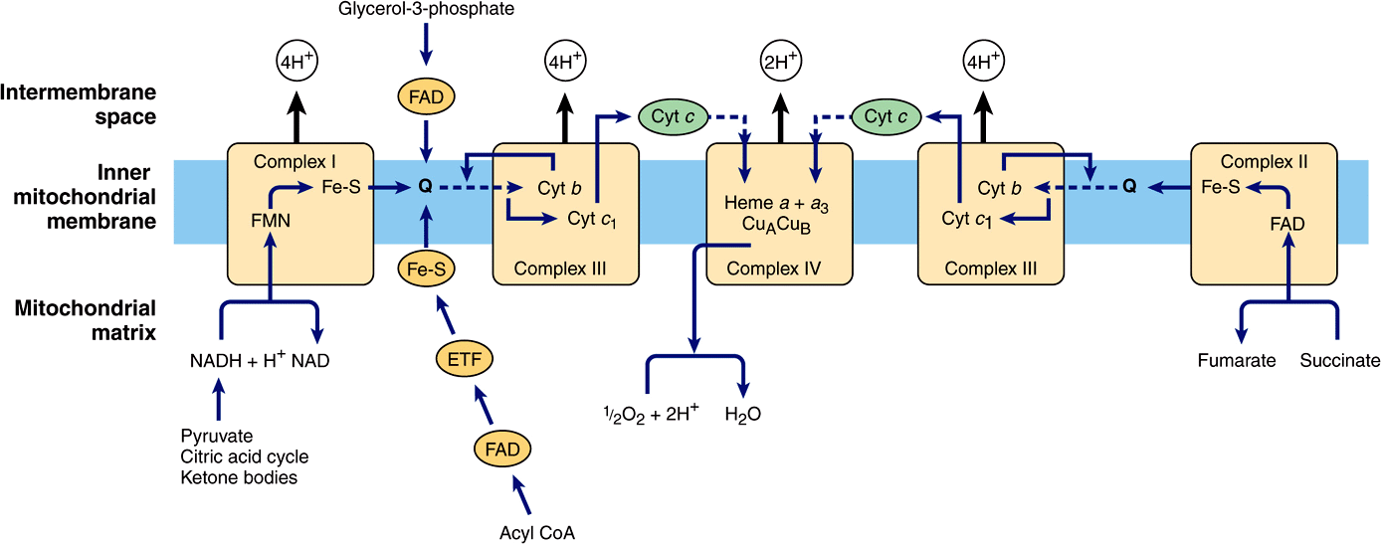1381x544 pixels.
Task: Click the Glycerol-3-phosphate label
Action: (x=427, y=9)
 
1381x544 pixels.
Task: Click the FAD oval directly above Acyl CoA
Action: (x=502, y=449)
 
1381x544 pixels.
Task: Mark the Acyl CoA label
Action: (x=537, y=532)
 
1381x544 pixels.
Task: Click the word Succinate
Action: (x=1340, y=361)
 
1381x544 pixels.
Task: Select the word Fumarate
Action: (x=1237, y=361)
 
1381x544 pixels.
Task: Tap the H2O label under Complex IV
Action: (x=742, y=414)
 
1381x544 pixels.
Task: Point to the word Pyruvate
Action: (x=217, y=437)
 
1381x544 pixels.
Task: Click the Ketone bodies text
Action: (x=239, y=478)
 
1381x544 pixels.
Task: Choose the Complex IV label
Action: (x=779, y=269)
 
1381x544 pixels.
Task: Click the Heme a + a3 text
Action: (x=779, y=204)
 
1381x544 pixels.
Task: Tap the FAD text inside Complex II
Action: (x=1286, y=225)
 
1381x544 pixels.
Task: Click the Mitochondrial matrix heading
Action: (x=86, y=319)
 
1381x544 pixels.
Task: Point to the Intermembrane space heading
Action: (x=79, y=104)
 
